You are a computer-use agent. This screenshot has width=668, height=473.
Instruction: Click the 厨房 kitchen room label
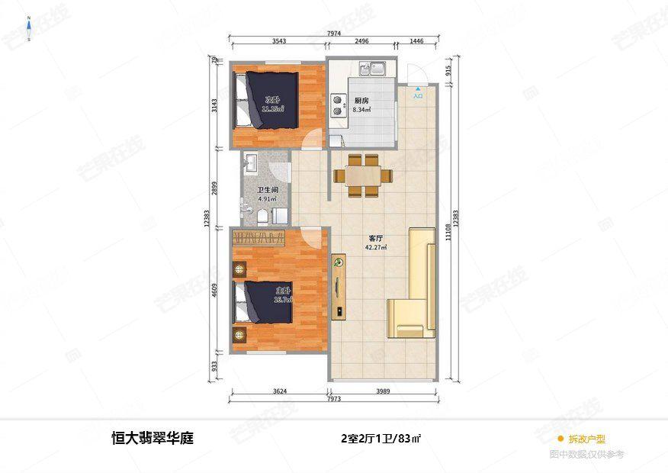362,101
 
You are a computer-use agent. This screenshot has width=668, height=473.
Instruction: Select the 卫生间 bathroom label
266,189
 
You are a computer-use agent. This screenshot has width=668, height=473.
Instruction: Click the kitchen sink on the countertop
375,69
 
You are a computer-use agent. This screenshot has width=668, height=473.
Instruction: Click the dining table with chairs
363,175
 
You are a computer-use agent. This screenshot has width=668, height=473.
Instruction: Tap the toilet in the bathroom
263,217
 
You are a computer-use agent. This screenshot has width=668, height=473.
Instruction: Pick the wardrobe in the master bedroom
260,238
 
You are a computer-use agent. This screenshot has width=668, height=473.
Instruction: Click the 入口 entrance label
418,97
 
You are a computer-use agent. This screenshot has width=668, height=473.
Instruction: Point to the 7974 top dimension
333,33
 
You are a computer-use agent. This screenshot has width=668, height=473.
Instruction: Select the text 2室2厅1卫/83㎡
381,439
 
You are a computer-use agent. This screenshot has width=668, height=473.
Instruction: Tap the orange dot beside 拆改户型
560,439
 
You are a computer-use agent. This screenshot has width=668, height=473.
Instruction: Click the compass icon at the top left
29,29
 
